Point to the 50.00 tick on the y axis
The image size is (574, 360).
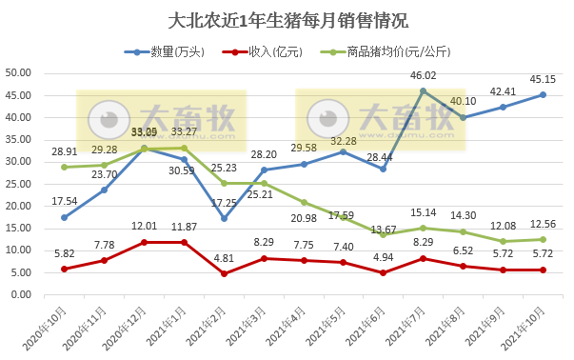[20, 73]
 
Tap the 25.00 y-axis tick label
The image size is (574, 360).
[20, 184]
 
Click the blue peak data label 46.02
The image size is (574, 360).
[423, 75]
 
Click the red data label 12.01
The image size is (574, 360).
[144, 226]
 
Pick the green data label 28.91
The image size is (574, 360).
[64, 151]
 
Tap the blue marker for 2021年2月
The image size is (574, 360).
[224, 218]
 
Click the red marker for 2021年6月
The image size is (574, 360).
[384, 272]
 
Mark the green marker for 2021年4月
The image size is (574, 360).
[304, 202]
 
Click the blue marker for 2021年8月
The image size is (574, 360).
[464, 117]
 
